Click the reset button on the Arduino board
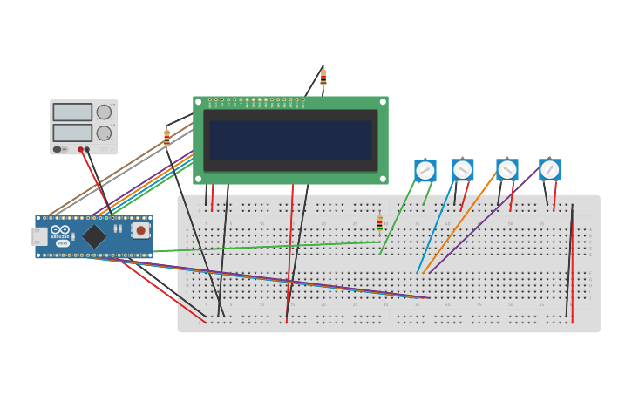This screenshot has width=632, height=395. tap(140, 230)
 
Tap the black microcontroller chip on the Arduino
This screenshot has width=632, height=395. tap(94, 236)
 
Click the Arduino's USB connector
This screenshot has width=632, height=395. tap(38, 235)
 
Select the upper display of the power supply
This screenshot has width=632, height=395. tap(72, 112)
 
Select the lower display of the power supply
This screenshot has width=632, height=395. tap(72, 133)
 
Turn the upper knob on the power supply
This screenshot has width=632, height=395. tap(104, 112)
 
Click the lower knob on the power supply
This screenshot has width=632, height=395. tap(104, 133)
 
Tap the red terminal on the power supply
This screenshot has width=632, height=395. tap(80, 150)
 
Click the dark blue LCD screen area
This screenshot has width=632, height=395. tap(290, 140)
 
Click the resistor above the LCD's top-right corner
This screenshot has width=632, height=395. tap(323, 78)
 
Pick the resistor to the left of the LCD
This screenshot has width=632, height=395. tap(166, 137)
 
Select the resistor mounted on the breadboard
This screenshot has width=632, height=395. tap(379, 222)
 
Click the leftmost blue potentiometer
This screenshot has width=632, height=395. tap(425, 170)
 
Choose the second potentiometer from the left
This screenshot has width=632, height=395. tap(463, 169)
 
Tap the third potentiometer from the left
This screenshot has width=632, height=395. tap(507, 169)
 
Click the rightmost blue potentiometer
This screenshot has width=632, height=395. tap(549, 169)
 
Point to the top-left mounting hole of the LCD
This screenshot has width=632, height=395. tap(199, 102)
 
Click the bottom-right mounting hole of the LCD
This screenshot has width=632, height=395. tap(383, 179)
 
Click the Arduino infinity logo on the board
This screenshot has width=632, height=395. tap(60, 229)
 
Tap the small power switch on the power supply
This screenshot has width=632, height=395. tap(58, 149)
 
